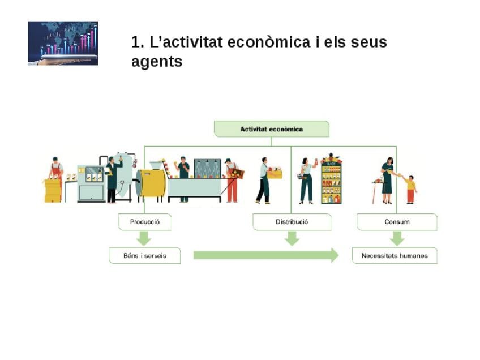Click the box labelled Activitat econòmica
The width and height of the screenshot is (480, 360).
[x=271, y=129]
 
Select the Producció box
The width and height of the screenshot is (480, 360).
[x=145, y=222]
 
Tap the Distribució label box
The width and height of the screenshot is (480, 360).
[x=292, y=222]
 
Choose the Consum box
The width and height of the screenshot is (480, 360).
[x=397, y=222]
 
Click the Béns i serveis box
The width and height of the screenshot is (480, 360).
[x=145, y=256]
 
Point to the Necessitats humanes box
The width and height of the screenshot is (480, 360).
[x=395, y=256]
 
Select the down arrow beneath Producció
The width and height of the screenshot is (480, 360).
[x=144, y=238]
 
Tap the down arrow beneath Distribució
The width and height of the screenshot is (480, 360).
[x=292, y=238]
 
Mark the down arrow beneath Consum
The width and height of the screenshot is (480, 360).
[x=397, y=238]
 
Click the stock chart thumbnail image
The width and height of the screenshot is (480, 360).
[x=63, y=44]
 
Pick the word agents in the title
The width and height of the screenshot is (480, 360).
[x=157, y=62]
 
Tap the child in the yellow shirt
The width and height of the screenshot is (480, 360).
[x=410, y=189]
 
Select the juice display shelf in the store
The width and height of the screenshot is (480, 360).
[x=331, y=180]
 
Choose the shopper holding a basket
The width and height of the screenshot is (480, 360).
[x=306, y=180]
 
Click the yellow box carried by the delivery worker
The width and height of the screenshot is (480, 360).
[x=275, y=173]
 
